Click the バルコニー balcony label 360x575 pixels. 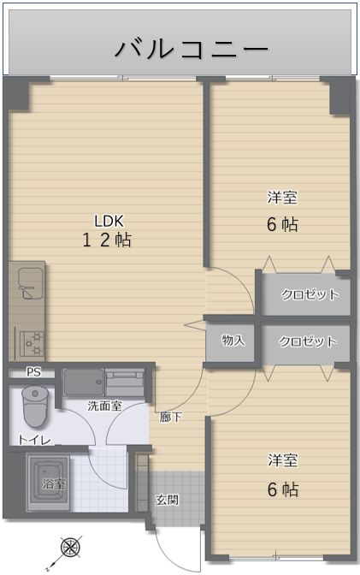click(192, 49)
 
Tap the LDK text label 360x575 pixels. click(109, 221)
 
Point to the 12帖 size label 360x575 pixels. click(107, 240)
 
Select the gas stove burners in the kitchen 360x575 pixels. click(32, 343)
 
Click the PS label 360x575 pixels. click(33, 372)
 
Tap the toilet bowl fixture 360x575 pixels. click(35, 406)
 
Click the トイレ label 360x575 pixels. click(35, 440)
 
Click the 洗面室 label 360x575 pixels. click(105, 406)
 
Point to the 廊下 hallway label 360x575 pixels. click(170, 417)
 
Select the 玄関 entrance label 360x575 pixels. click(168, 500)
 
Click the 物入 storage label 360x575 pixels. click(233, 341)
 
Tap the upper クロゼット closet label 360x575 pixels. click(310, 294)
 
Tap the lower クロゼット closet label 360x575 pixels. click(308, 341)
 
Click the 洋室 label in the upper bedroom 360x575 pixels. click(282, 198)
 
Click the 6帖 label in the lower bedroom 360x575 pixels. click(283, 489)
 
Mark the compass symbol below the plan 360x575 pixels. click(70, 548)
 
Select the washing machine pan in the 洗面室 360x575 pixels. click(83, 382)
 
